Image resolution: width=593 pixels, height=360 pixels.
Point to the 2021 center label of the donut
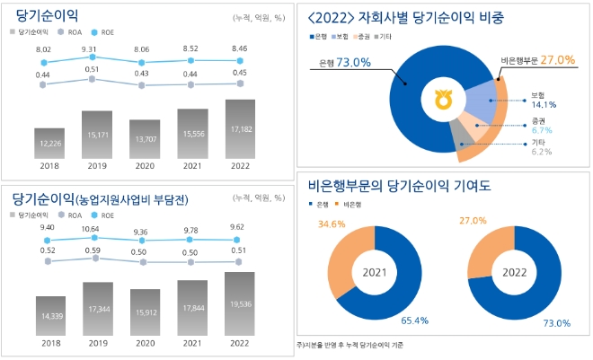tap(376, 272)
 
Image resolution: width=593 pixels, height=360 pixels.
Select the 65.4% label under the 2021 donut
tap(412, 320)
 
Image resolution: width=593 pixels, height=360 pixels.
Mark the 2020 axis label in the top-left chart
tap(144, 164)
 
